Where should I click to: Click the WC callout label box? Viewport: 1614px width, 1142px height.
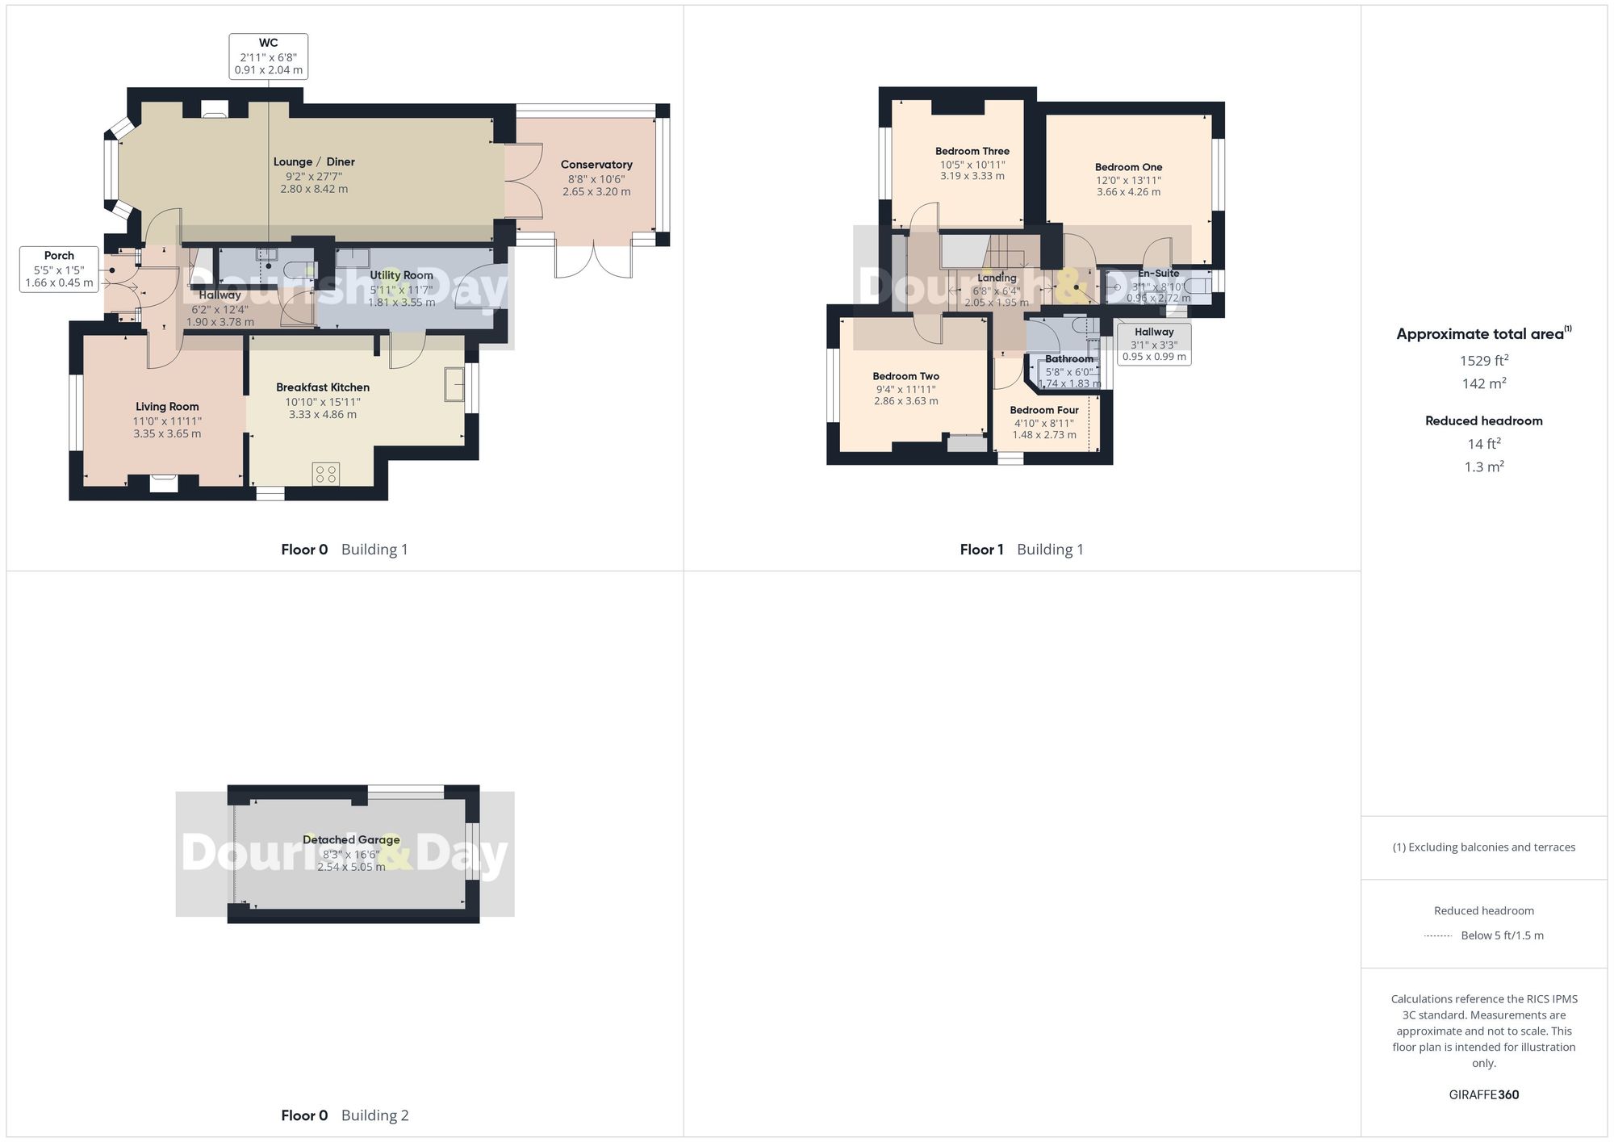[x=268, y=56]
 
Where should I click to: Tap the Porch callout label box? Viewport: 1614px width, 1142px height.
[x=59, y=270]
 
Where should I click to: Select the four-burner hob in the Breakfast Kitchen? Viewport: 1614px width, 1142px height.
[x=327, y=474]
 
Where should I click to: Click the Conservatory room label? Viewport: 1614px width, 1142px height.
[x=596, y=165]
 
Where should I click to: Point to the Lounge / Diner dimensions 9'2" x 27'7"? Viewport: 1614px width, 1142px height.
[x=314, y=175]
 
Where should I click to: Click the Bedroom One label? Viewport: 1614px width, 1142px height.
[x=1128, y=167]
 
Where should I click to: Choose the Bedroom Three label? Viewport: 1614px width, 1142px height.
[x=972, y=151]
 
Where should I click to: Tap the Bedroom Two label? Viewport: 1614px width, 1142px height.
[x=905, y=376]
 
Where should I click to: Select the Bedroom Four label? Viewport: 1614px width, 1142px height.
[x=1043, y=410]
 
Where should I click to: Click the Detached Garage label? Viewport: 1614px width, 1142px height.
[x=351, y=839]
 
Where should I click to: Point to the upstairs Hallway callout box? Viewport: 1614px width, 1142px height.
[x=1154, y=344]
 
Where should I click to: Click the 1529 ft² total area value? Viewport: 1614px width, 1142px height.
[x=1483, y=361]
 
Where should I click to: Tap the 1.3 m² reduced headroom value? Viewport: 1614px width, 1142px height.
[x=1483, y=466]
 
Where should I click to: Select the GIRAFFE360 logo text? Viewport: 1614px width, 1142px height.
[x=1483, y=1094]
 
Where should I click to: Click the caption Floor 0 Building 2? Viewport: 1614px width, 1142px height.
[x=345, y=1115]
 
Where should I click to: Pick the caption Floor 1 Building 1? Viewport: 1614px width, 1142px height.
[x=1021, y=550]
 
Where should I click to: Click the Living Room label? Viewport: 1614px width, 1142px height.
[x=167, y=407]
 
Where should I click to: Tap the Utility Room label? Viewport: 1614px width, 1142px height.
[x=401, y=275]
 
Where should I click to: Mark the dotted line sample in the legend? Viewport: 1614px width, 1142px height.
[x=1438, y=936]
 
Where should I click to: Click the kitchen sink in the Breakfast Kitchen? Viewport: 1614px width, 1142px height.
[x=454, y=384]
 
